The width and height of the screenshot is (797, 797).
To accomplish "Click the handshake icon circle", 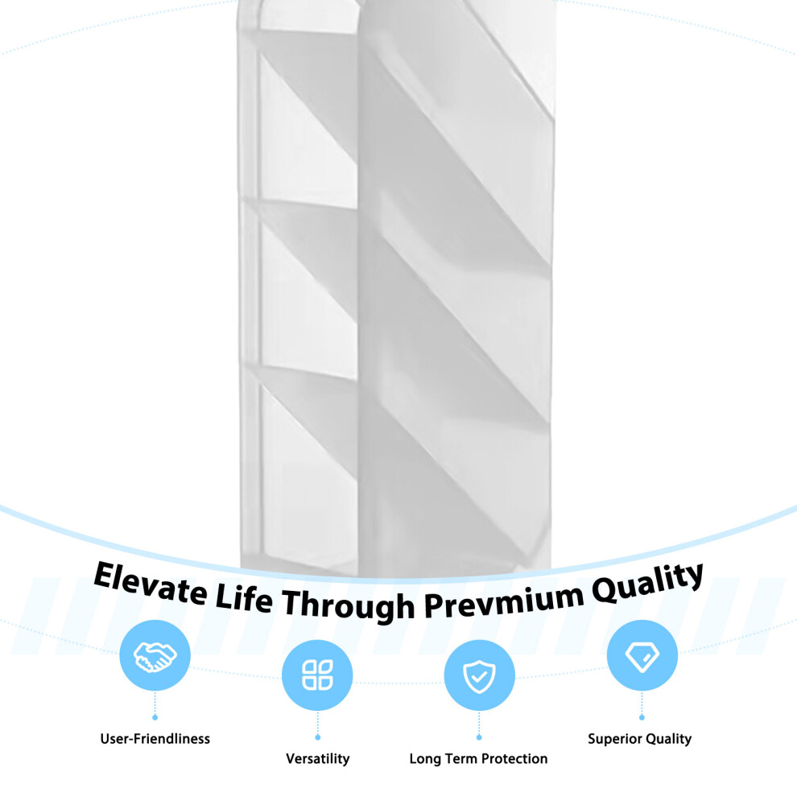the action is [155, 655].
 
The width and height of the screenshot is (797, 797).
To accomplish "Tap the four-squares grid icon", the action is [317, 675].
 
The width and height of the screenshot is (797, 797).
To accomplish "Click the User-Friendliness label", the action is [155, 738].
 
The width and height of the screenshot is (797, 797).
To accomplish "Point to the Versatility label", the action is [318, 758].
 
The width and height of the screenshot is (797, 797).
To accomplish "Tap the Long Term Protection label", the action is [478, 758].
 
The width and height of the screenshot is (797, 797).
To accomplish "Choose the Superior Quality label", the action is [639, 738].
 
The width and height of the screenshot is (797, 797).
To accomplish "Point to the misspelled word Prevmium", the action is [504, 602].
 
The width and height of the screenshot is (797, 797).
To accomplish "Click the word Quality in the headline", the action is [647, 583].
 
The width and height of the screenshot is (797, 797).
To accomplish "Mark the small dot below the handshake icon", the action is [155, 718].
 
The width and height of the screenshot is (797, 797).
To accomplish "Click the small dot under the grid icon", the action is [318, 737].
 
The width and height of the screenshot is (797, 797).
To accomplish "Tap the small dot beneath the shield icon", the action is [479, 737].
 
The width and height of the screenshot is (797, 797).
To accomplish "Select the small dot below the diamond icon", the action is [642, 718].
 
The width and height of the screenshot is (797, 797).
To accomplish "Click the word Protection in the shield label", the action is [514, 758].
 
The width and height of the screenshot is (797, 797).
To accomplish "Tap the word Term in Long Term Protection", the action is [461, 758].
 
